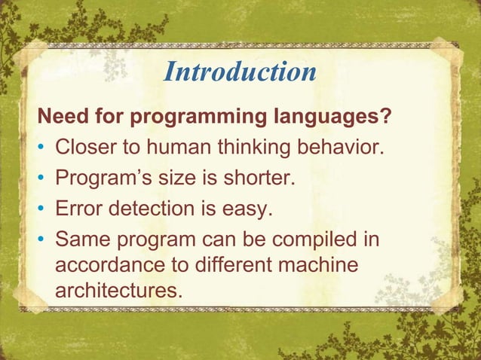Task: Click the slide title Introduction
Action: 240,72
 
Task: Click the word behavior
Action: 345,146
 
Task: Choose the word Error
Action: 81,209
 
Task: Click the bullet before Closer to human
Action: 42,147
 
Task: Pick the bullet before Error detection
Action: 42,209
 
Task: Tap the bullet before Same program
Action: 42,239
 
